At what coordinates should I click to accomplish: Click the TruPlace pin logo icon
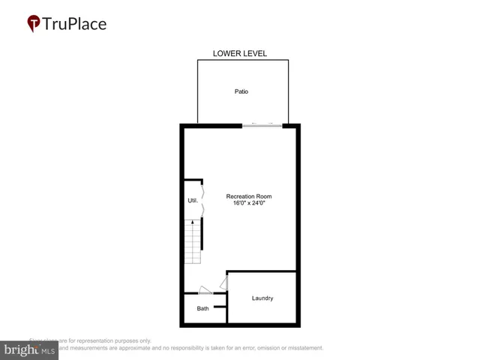point(33,24)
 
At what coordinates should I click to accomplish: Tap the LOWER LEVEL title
point(240,54)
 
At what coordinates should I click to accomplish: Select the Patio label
point(240,91)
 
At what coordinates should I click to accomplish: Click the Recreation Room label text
point(248,196)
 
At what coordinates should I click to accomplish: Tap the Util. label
point(193,201)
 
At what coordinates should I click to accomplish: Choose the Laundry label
point(262,298)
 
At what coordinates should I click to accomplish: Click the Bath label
point(203,308)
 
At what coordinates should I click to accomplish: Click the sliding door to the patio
point(262,125)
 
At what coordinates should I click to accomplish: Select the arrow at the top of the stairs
point(193,223)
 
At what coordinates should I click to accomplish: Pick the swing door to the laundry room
point(223,283)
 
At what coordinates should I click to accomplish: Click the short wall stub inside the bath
point(220,306)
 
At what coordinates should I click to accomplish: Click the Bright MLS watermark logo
point(28,350)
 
